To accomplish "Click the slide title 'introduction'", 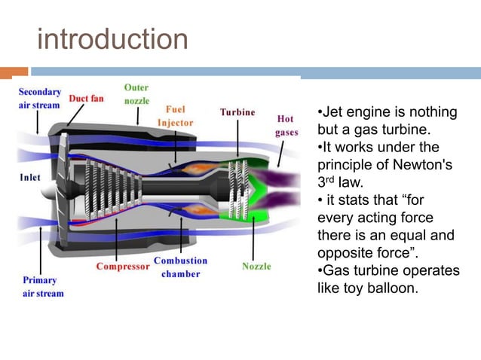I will tap(112, 39).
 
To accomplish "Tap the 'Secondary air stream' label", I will tap(39, 99).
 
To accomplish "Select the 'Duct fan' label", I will tap(87, 98).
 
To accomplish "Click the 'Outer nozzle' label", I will tap(136, 94).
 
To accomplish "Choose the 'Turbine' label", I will tap(237, 112).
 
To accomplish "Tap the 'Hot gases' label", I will tap(286, 125).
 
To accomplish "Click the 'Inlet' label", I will tap(30, 178).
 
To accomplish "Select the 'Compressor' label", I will tap(122, 267).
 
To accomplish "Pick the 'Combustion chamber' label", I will tap(180, 267).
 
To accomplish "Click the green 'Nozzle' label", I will tap(257, 267).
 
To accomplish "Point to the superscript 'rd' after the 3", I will tap(332, 178).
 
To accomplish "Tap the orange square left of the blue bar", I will tap(20, 73).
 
